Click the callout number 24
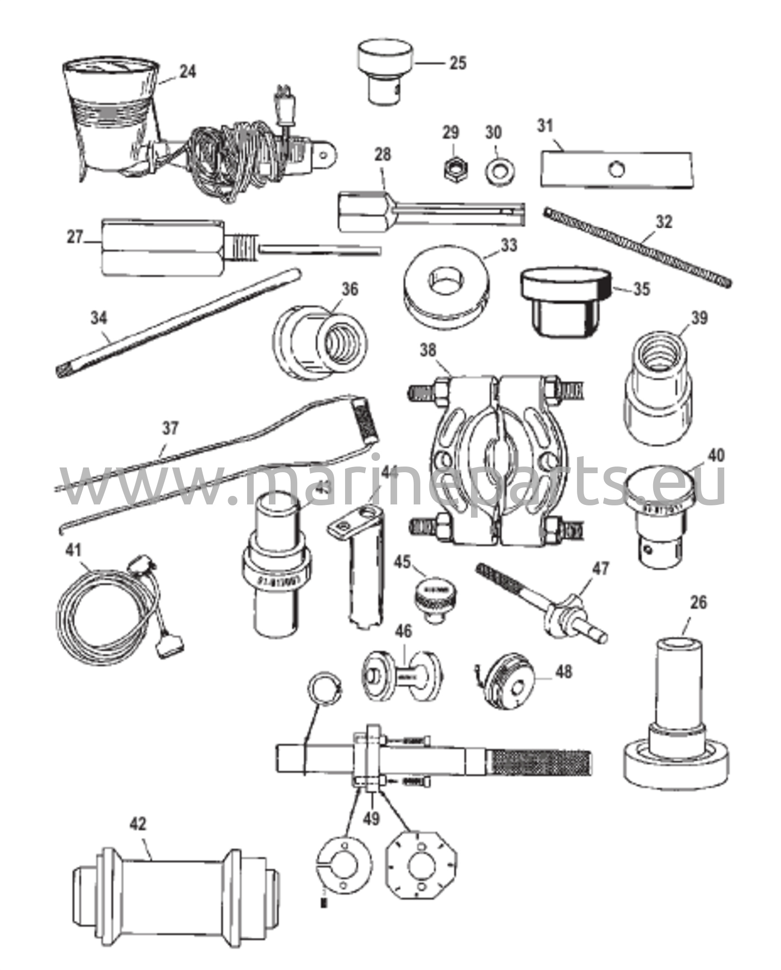(x=187, y=72)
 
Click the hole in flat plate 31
(x=616, y=168)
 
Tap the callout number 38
(x=429, y=351)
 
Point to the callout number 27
(x=75, y=237)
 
